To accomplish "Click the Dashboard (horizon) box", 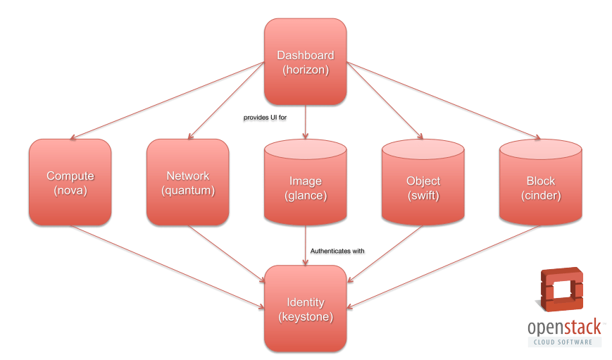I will (x=305, y=62).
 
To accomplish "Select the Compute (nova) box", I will (x=70, y=182).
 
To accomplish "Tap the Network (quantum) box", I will (x=187, y=182).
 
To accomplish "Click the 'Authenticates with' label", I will (x=337, y=250).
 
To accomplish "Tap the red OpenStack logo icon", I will (x=561, y=290).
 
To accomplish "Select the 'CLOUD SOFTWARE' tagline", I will (x=565, y=342).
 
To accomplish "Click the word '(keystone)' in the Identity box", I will (x=305, y=317).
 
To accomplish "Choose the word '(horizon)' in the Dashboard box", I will (x=305, y=70).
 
